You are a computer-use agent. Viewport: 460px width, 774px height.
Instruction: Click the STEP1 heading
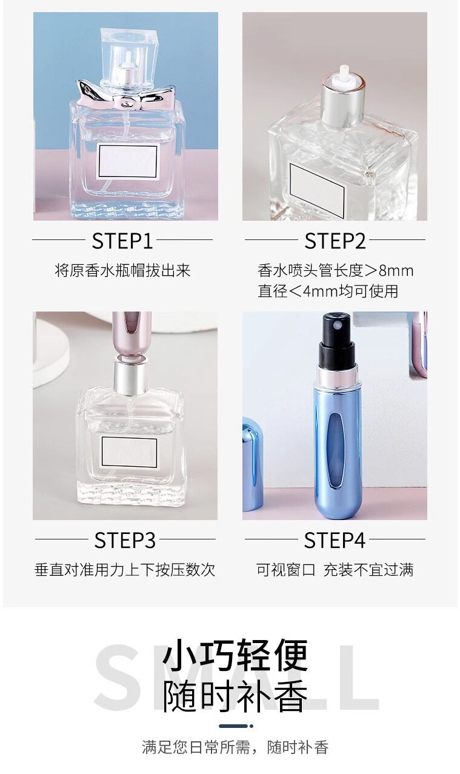[122, 241]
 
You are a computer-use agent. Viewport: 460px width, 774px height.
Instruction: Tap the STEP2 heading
[335, 241]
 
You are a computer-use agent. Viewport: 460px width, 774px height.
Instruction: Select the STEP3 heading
[125, 541]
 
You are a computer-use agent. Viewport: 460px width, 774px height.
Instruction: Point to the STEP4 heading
[335, 541]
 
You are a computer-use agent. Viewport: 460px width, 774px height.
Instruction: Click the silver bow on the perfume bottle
[125, 95]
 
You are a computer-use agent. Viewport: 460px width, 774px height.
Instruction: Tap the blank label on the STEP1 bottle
[127, 162]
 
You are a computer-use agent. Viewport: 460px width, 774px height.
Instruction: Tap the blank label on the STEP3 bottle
[129, 452]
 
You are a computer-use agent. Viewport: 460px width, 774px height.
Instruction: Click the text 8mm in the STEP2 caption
[396, 270]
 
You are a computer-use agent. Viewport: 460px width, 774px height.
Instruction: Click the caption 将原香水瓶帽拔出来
[122, 270]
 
